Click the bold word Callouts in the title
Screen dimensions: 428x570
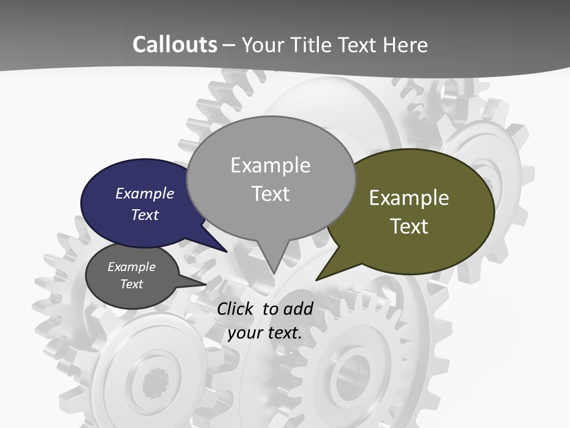[175, 45]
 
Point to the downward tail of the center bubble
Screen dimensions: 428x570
[274, 262]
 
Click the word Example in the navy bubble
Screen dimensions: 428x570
[145, 193]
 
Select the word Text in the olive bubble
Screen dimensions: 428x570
[409, 226]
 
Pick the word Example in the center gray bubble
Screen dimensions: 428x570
[270, 165]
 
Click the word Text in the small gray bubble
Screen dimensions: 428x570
[132, 284]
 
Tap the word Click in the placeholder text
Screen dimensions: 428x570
[236, 309]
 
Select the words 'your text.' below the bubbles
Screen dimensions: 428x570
[265, 332]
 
